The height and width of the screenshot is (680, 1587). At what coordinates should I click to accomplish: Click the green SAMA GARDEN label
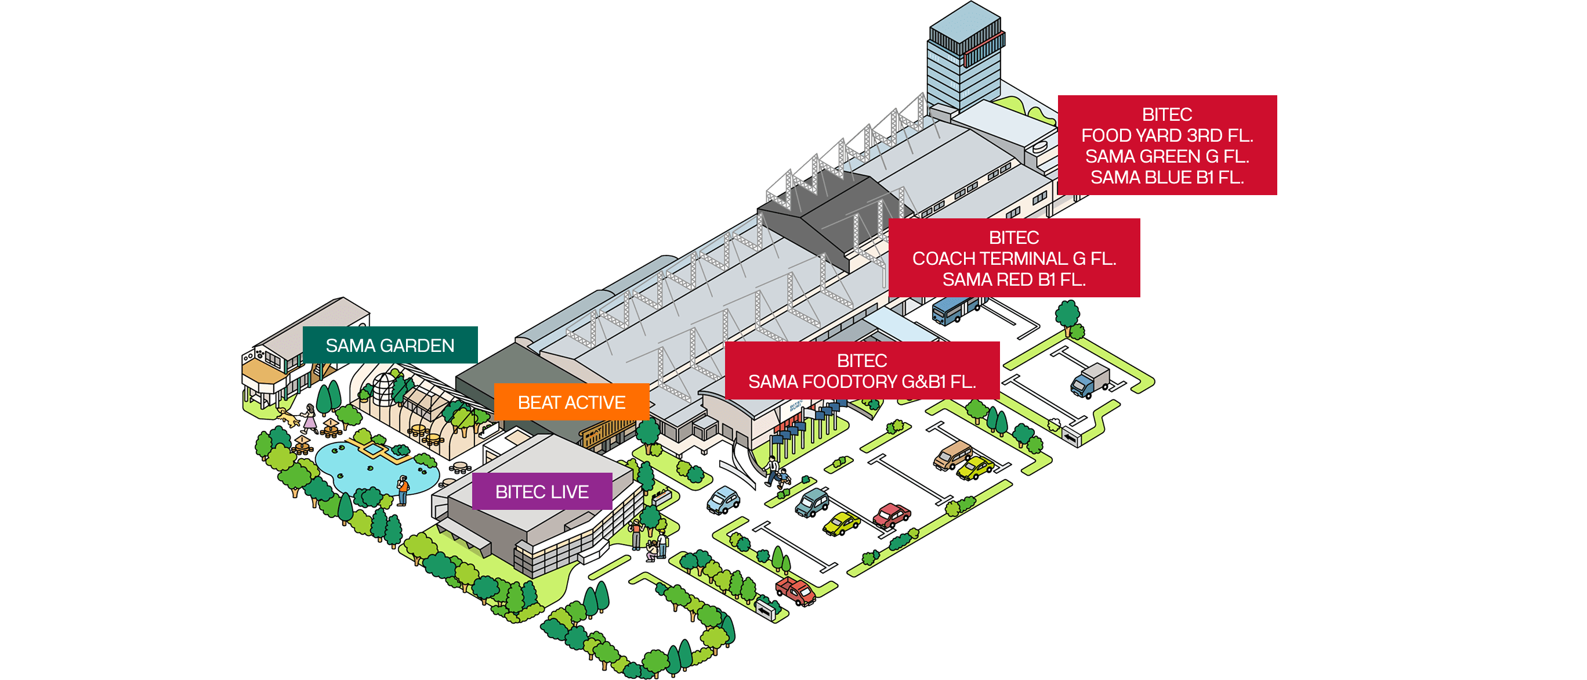[x=390, y=346]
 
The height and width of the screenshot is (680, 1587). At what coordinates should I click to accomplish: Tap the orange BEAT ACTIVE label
[x=571, y=402]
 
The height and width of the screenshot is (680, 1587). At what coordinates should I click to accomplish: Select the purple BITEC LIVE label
[x=542, y=491]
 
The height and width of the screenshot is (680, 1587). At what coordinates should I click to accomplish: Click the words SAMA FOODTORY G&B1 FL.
[x=862, y=382]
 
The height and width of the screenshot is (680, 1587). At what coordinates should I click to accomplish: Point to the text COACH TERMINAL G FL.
[x=1013, y=258]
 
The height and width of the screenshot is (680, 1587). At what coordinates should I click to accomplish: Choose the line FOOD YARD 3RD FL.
[x=1167, y=136]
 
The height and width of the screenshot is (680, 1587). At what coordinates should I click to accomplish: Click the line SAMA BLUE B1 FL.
[x=1167, y=178]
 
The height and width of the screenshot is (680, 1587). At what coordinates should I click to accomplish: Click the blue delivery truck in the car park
[x=1089, y=380]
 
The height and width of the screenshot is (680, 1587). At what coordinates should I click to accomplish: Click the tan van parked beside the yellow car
[x=952, y=455]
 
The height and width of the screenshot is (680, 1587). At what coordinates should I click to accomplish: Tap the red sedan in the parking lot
[x=892, y=515]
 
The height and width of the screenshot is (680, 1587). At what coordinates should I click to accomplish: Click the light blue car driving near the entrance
[x=723, y=499]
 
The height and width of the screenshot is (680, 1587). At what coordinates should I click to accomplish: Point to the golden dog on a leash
[x=286, y=418]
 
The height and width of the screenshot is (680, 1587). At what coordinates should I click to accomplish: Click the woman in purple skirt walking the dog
[x=309, y=418]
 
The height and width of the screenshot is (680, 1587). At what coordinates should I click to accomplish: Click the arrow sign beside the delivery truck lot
[x=1071, y=438]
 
